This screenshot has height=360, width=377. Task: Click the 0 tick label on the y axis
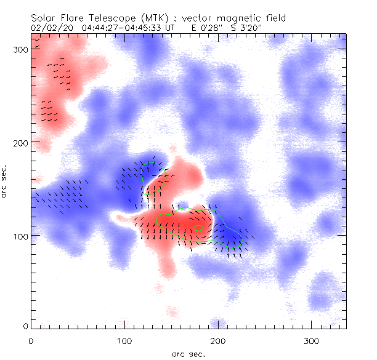[25, 326]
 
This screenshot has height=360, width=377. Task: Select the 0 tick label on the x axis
[31, 340]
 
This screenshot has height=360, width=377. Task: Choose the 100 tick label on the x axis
[124, 340]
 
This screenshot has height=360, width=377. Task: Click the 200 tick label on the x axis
[218, 340]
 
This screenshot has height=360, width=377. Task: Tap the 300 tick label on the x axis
[312, 340]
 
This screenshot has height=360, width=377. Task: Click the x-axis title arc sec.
[188, 354]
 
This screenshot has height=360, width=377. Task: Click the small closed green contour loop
[198, 228]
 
